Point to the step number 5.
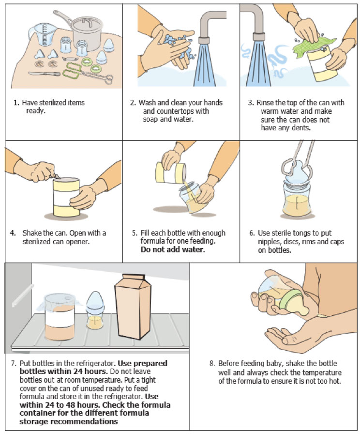tap(134, 233)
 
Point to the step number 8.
tap(211, 363)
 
